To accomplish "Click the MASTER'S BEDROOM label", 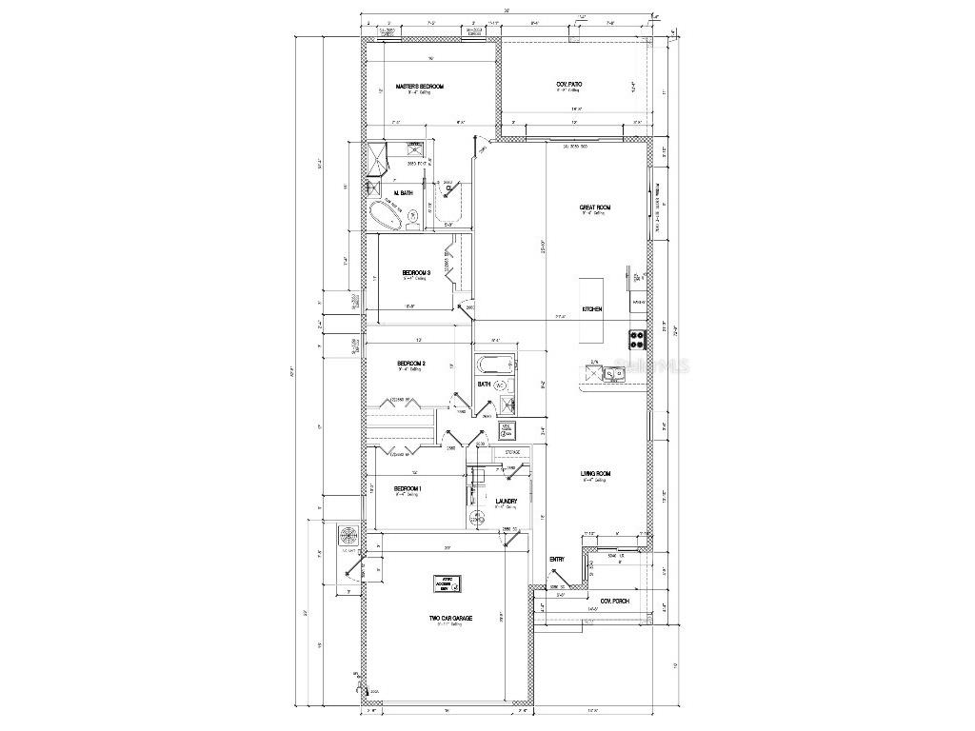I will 420,86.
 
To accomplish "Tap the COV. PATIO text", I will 569,85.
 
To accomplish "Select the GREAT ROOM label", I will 595,207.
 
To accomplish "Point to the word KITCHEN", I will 592,309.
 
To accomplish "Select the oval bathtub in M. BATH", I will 386,215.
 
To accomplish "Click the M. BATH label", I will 404,193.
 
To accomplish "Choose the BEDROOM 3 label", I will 416,272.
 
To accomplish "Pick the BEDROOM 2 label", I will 410,364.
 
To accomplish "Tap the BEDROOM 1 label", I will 408,488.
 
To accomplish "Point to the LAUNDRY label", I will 507,502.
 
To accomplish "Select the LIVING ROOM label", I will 596,474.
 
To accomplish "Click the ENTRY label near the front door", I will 558,559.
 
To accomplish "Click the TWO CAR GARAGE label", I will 450,619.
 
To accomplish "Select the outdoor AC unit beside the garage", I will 349,536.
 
